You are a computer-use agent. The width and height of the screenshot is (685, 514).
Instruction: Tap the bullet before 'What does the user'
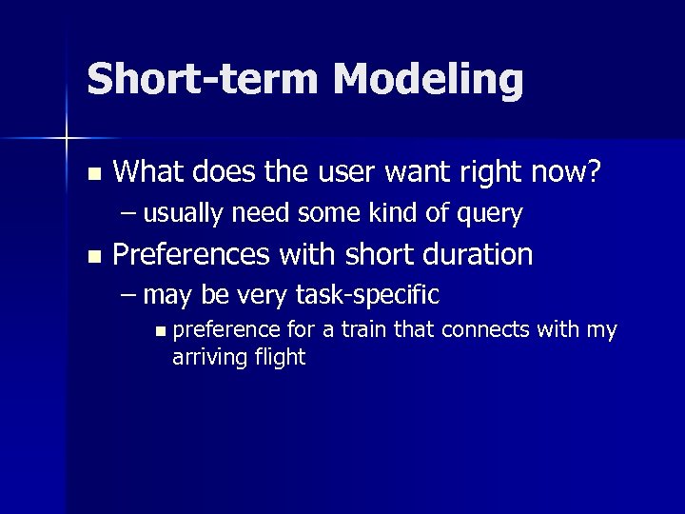click(92, 174)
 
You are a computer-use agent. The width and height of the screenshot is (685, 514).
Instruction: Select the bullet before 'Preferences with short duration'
click(92, 256)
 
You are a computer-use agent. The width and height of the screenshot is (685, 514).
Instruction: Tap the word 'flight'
click(280, 358)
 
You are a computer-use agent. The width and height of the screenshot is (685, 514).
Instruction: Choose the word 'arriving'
click(211, 358)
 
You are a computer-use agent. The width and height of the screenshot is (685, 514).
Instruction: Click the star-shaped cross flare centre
click(67, 139)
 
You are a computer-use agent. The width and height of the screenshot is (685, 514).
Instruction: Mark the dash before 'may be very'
click(128, 295)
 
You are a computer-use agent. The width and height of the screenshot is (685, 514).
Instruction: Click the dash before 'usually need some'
click(128, 214)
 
